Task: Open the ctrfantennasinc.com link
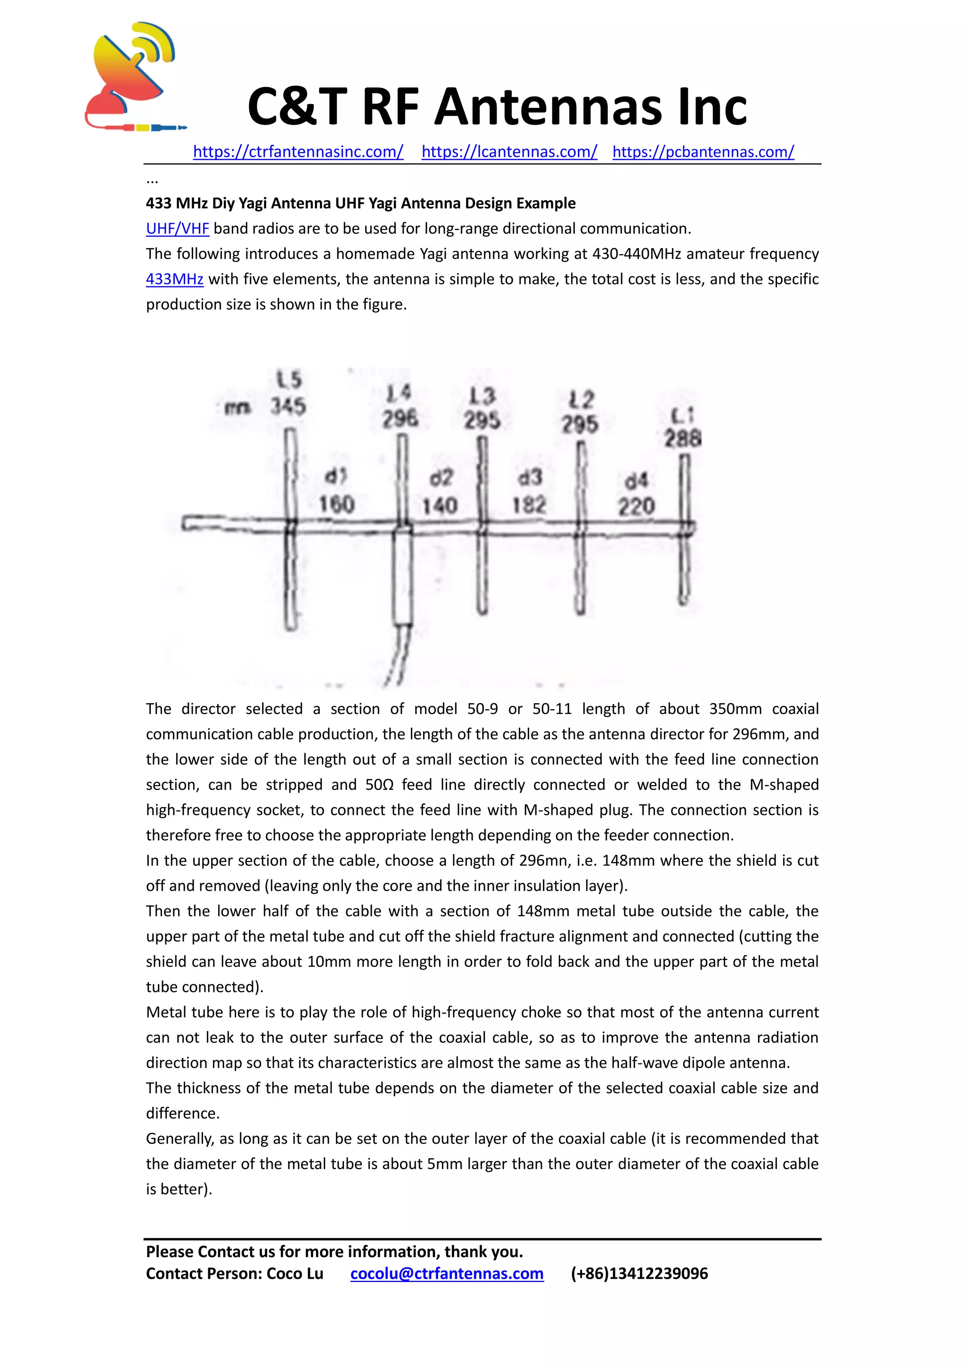pos(298,152)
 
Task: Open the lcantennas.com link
pos(509,152)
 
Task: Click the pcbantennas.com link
pos(703,152)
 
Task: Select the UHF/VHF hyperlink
pos(177,229)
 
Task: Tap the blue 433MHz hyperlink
pos(175,279)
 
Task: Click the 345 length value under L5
pos(288,407)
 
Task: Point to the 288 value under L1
pos(683,439)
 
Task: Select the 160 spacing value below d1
pos(336,504)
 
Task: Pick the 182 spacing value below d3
pos(529,505)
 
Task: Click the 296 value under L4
pos(400,419)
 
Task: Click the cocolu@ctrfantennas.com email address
pos(447,1274)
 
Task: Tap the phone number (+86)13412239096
pos(639,1274)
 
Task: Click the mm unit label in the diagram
pos(237,407)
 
